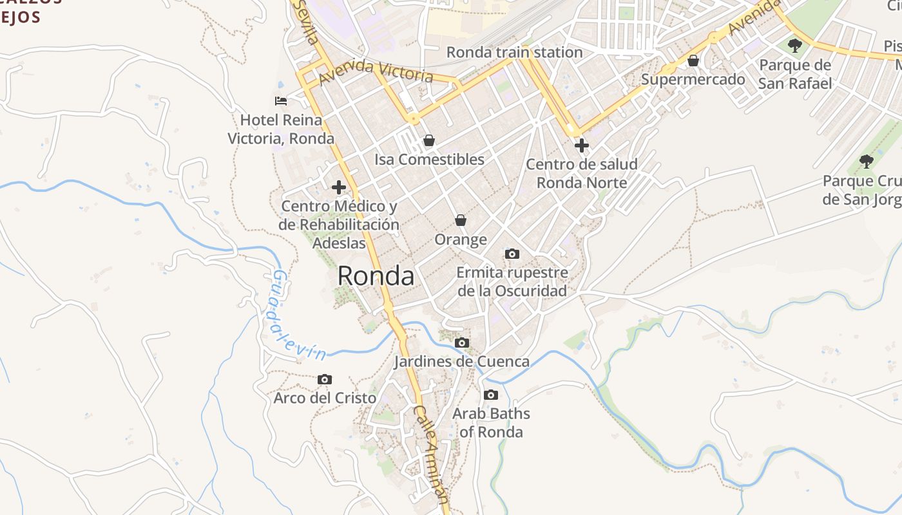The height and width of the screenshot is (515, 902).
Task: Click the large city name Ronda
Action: tap(376, 276)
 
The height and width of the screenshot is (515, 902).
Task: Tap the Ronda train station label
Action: tap(514, 52)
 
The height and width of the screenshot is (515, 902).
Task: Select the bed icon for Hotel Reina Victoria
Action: tap(281, 101)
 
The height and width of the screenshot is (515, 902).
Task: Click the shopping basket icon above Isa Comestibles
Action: tap(429, 140)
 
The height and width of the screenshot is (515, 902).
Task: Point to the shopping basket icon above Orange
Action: tap(461, 221)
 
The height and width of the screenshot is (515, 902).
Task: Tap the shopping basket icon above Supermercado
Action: tap(693, 61)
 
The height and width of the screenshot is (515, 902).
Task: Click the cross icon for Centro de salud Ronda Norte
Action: tap(582, 145)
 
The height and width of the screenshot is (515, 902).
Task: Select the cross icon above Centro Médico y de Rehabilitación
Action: tap(339, 187)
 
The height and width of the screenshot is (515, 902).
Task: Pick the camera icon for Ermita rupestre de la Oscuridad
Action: tap(512, 254)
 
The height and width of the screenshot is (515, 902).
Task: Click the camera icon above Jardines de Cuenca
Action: tap(462, 343)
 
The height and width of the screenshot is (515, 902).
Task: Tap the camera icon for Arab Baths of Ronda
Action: tap(491, 395)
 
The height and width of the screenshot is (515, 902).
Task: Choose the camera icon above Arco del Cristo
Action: tap(325, 380)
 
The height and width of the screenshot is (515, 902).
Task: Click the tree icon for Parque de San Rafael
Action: tap(795, 46)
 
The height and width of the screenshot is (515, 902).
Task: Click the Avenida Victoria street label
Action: tap(376, 71)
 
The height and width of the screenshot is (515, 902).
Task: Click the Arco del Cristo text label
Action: tap(325, 398)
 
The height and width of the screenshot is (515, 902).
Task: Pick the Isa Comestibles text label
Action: tap(429, 159)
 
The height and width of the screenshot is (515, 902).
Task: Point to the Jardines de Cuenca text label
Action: tap(462, 361)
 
